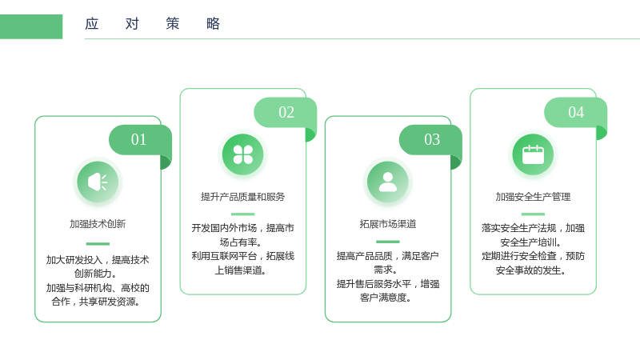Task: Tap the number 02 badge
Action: tap(286, 112)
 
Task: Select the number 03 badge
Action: tap(430, 139)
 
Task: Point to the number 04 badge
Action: tap(575, 112)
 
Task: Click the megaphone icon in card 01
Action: tap(98, 182)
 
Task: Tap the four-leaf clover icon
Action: tap(243, 154)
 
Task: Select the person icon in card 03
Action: tap(388, 182)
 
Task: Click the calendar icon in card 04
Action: tap(533, 154)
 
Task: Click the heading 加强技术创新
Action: tap(98, 224)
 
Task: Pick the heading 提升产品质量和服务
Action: tap(243, 197)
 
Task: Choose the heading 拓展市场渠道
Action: tap(388, 224)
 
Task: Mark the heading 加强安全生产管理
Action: tap(533, 197)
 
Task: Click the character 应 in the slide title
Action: tap(92, 24)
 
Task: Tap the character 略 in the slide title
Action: tap(213, 24)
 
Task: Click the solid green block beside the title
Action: tap(31, 26)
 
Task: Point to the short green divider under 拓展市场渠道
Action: tap(388, 242)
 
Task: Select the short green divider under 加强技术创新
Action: tap(98, 244)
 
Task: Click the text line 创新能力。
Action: tap(95, 274)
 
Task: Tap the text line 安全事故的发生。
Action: tap(530, 270)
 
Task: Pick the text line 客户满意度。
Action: tap(386, 298)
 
